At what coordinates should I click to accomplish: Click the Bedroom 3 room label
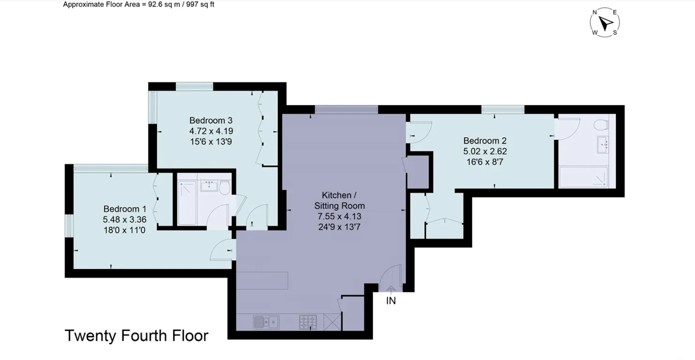[210, 120]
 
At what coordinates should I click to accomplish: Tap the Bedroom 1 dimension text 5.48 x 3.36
[125, 219]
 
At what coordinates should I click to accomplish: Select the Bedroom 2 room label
[485, 141]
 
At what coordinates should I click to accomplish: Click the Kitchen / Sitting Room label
[339, 201]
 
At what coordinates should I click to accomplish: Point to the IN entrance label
[391, 301]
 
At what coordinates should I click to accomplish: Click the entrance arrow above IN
[391, 289]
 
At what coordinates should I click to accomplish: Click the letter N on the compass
[595, 12]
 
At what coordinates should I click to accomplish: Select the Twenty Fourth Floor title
[137, 336]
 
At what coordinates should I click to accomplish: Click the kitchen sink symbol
[266, 322]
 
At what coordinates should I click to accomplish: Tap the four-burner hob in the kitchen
[308, 322]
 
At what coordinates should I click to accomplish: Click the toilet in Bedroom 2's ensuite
[601, 125]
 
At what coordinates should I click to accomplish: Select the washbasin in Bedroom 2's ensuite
[603, 144]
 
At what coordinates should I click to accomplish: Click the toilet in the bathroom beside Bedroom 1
[224, 188]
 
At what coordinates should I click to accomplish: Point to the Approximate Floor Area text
[139, 4]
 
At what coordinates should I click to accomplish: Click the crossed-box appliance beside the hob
[332, 322]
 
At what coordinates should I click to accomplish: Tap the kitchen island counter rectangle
[262, 281]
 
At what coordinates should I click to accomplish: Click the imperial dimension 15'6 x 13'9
[211, 142]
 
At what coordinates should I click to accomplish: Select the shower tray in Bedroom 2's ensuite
[583, 177]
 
